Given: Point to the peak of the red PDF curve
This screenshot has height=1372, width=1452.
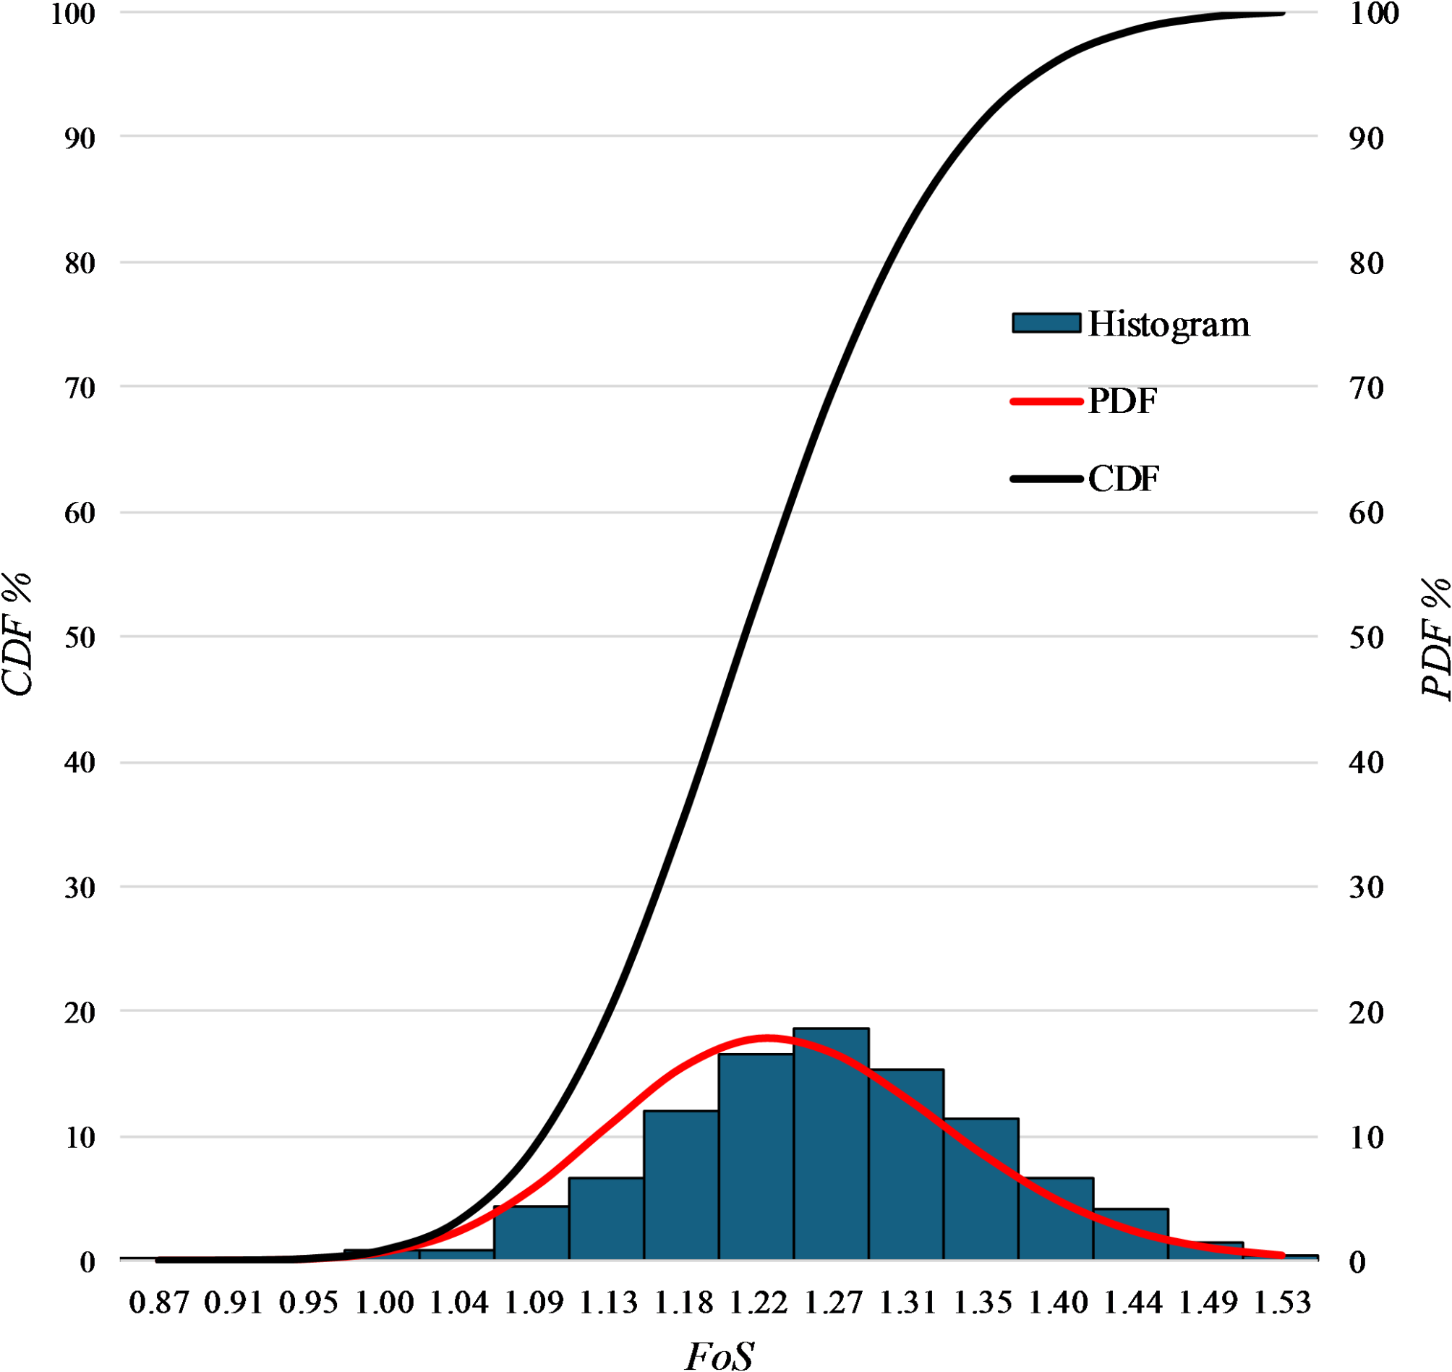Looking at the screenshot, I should [766, 1037].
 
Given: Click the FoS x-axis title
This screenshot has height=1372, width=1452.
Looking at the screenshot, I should [719, 1355].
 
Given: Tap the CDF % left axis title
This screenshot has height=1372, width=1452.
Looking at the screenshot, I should [17, 634].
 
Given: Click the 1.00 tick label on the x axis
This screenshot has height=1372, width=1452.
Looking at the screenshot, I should [384, 1303].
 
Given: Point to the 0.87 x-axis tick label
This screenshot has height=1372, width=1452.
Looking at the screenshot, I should [158, 1303].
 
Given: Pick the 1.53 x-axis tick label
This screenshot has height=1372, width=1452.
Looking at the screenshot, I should [1282, 1303].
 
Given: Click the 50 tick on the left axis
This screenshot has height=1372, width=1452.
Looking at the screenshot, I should [80, 638].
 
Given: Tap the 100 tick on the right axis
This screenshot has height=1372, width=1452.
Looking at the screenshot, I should [1373, 14].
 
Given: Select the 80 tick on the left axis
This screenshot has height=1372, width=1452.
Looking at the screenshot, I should [80, 263].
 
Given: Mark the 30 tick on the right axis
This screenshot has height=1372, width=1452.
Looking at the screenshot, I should [1366, 888].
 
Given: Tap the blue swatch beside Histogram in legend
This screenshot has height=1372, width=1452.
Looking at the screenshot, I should [1046, 323].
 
